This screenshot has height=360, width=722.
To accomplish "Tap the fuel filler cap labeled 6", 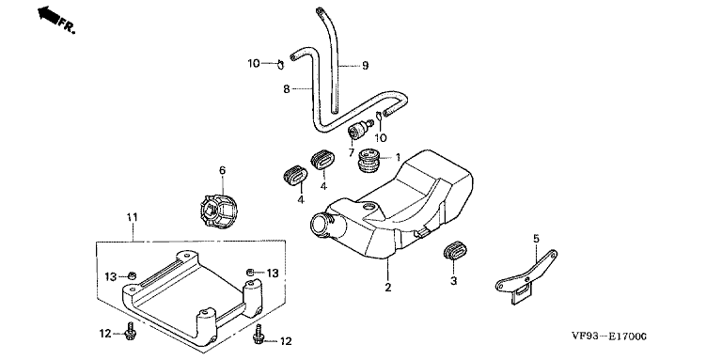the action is [219, 211].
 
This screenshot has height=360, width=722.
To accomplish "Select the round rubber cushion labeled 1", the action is [369, 159].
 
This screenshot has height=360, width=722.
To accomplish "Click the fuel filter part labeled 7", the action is [360, 130].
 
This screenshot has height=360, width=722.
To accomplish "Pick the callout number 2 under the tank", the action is [388, 288].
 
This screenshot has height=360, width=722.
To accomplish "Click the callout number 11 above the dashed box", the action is [133, 217].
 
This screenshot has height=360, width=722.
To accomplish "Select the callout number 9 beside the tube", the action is [365, 66].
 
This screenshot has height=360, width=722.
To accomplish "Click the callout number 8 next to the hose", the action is [287, 89].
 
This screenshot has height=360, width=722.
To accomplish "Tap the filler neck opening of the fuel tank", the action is [321, 225].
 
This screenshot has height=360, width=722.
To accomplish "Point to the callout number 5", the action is [536, 239].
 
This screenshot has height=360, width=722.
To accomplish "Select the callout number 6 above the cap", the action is [223, 171].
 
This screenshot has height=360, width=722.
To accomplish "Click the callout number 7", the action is [351, 152].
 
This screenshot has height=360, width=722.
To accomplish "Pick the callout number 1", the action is [399, 158].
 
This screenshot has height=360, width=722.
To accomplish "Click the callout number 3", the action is [453, 280].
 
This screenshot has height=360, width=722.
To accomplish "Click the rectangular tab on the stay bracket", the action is [521, 292].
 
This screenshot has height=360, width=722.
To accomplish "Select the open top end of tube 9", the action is [319, 9].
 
